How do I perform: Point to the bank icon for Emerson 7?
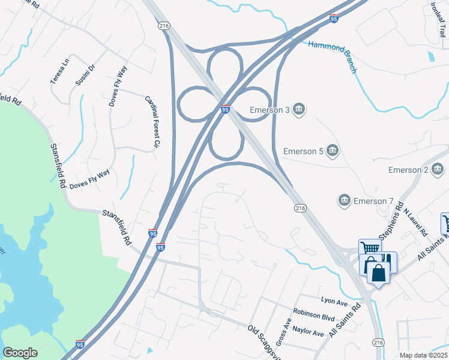pos(345,200)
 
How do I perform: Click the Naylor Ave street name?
pos(309,331)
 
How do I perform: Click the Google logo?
pos(20,353)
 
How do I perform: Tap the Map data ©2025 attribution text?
pos(423,355)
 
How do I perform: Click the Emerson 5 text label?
pos(303,151)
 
